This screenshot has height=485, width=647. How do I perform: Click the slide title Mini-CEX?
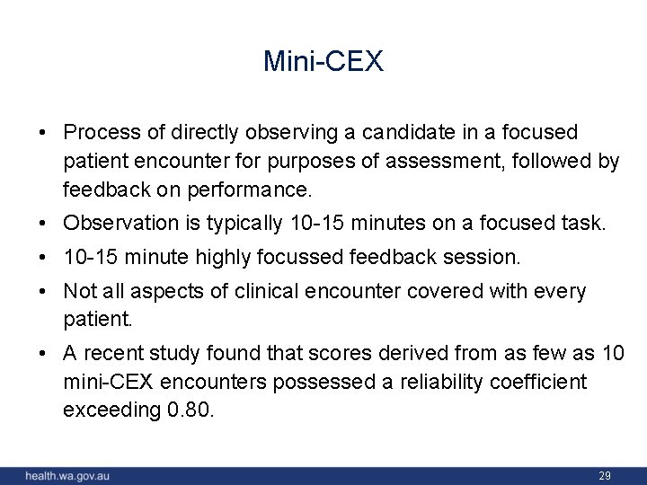(x=323, y=61)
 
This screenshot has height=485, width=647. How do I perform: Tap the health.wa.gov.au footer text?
(x=67, y=475)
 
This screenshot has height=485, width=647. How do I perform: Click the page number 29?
(x=605, y=475)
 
